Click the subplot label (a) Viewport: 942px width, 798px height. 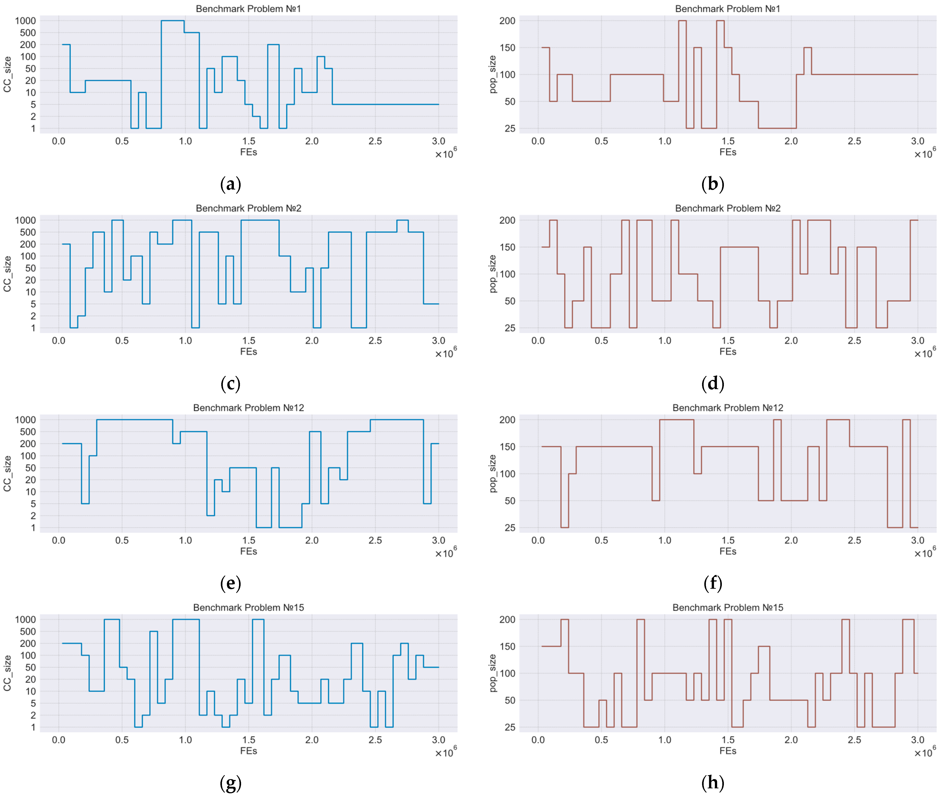(230, 184)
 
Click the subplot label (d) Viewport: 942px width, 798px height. (713, 384)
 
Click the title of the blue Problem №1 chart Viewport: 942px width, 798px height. (248, 9)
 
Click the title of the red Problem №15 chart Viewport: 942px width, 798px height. (727, 608)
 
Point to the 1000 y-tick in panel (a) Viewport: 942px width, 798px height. (25, 21)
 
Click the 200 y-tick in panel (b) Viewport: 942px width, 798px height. (507, 21)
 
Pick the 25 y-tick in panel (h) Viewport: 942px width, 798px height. (510, 727)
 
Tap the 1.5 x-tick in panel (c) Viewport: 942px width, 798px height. (248, 341)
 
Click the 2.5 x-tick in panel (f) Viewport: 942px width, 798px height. (854, 540)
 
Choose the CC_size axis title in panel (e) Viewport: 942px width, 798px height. (7, 474)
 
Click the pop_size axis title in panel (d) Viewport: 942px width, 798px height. (493, 274)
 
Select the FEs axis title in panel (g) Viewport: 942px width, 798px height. (248, 751)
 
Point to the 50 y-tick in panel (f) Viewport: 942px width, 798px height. (510, 501)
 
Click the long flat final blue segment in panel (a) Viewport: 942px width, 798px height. (385, 105)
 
